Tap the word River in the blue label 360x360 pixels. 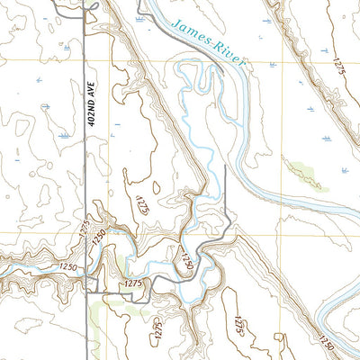[x=231, y=58]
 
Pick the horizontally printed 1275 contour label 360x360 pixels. [x=133, y=283]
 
